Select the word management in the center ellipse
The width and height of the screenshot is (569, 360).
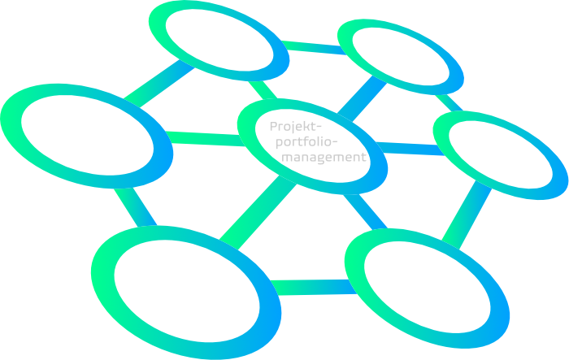click(x=323, y=158)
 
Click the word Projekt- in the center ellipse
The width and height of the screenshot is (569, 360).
click(x=296, y=128)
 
